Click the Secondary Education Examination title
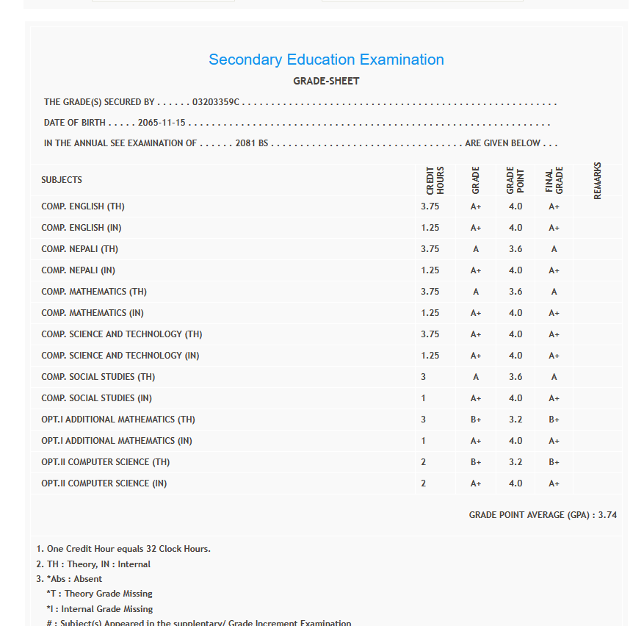point(326,60)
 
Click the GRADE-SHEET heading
point(326,81)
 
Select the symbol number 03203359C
point(216,102)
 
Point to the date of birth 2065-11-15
point(162,123)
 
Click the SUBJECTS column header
point(62,180)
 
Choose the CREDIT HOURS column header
point(435,180)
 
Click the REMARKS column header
point(597,180)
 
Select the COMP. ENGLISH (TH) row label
point(83,206)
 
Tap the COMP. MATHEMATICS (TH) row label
point(94,292)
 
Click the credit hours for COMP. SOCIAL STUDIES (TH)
point(424,377)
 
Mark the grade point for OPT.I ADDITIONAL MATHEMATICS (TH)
point(515,420)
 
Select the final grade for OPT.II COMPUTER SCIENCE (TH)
point(554,462)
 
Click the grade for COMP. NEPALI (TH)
point(476,249)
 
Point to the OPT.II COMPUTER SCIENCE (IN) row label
point(104,483)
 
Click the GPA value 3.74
point(607,515)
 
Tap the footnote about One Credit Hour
point(123,549)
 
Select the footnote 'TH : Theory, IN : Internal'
point(93,564)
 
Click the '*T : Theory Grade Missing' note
point(99,594)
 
